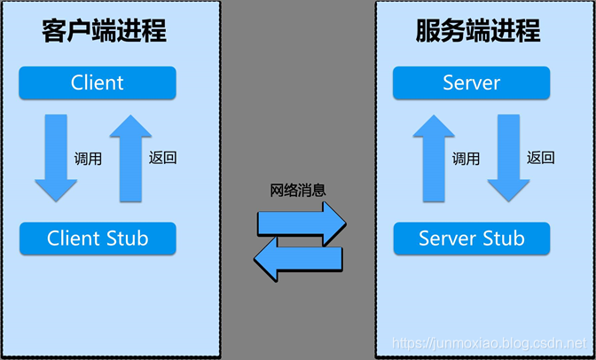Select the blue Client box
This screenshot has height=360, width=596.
(x=98, y=83)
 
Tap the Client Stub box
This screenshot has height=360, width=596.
(x=98, y=238)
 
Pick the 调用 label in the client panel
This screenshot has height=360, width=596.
(x=89, y=159)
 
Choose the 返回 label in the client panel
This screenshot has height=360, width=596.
(x=163, y=158)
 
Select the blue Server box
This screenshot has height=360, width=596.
(x=471, y=83)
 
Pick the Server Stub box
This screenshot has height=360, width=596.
(x=471, y=238)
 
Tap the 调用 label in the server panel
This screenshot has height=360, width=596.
(x=467, y=159)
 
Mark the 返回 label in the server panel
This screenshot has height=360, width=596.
(x=541, y=158)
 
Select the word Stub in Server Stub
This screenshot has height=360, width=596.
(x=503, y=238)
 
